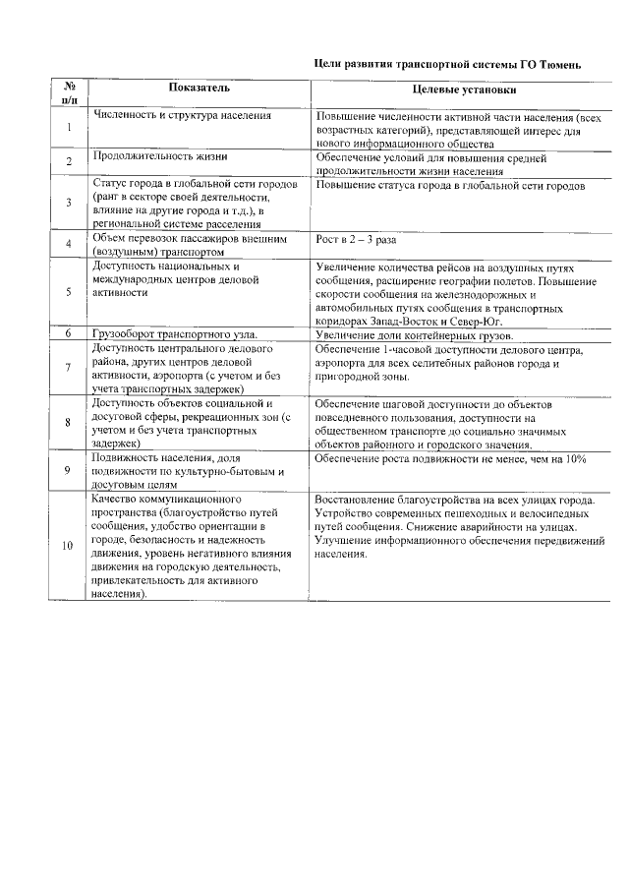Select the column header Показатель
pyautogui.click(x=200, y=88)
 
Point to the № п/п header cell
pyautogui.click(x=70, y=92)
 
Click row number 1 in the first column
pyautogui.click(x=69, y=128)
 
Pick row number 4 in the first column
pyautogui.click(x=69, y=244)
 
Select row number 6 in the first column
pyautogui.click(x=69, y=333)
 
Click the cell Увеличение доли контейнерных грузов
pyautogui.click(x=413, y=334)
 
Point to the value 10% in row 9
pyautogui.click(x=575, y=459)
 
